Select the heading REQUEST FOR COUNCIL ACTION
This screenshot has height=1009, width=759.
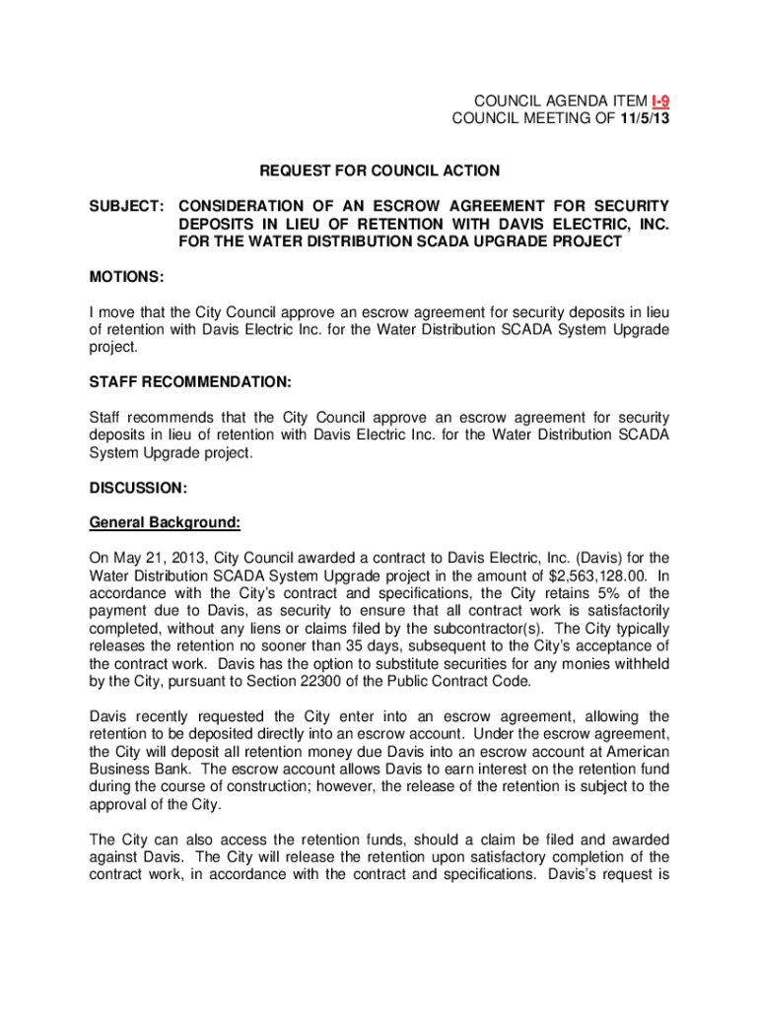(x=379, y=170)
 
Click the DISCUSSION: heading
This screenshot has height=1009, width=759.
(x=138, y=488)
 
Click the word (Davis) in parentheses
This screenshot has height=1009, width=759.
(x=613, y=558)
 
